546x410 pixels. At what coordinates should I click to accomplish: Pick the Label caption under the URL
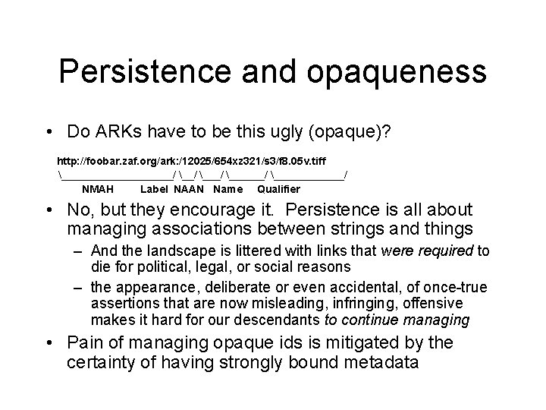tap(155, 189)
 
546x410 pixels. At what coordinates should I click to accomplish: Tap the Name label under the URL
tap(228, 189)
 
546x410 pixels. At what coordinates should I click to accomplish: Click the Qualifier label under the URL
tap(278, 189)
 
